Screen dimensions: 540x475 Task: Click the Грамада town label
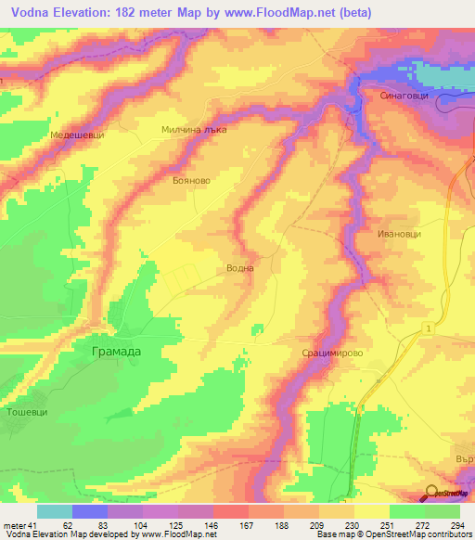tap(119, 352)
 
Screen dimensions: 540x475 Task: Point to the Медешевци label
tap(77, 135)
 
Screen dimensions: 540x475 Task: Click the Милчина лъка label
tap(194, 131)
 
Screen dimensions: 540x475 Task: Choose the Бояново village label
tap(192, 182)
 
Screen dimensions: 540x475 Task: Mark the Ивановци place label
tap(399, 234)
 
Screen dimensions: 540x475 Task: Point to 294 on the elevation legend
tap(456, 524)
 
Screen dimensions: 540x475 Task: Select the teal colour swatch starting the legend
tap(55, 511)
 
